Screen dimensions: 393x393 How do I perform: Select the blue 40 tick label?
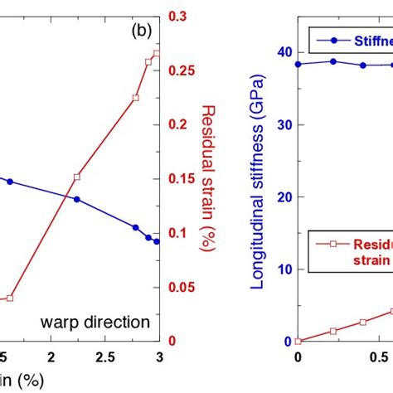[x=283, y=52]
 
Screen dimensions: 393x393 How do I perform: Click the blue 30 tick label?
[x=283, y=124]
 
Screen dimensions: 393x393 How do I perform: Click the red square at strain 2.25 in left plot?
[x=77, y=177]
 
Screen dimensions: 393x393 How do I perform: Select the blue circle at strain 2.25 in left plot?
[x=77, y=199]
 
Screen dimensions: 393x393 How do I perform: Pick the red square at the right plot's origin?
[x=298, y=341]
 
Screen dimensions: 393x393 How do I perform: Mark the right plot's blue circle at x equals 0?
[x=298, y=64]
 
